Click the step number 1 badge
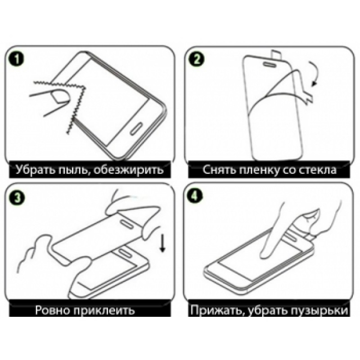(16, 59)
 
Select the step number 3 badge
(17, 197)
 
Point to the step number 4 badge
(195, 196)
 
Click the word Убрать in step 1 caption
(36, 170)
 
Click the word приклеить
(104, 310)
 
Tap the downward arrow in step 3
(162, 243)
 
